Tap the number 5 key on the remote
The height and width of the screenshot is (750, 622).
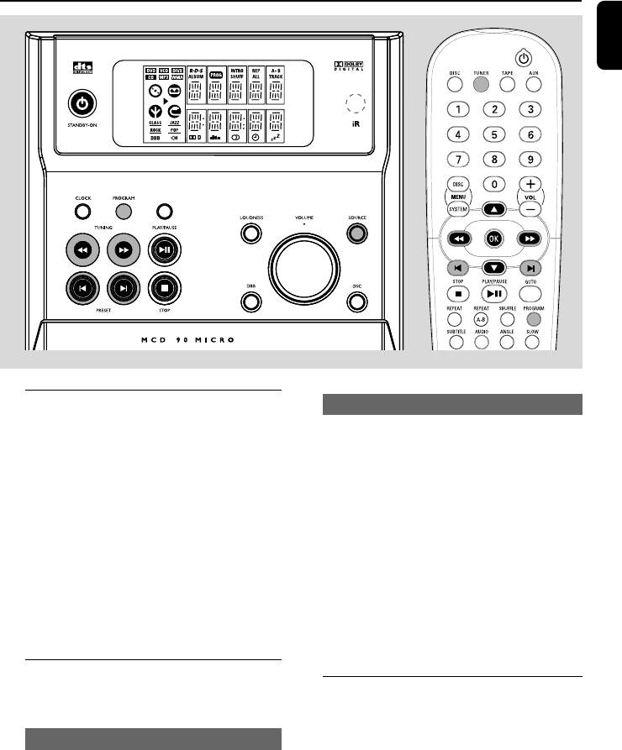pyautogui.click(x=497, y=134)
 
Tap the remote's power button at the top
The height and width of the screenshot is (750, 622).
pyautogui.click(x=524, y=58)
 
